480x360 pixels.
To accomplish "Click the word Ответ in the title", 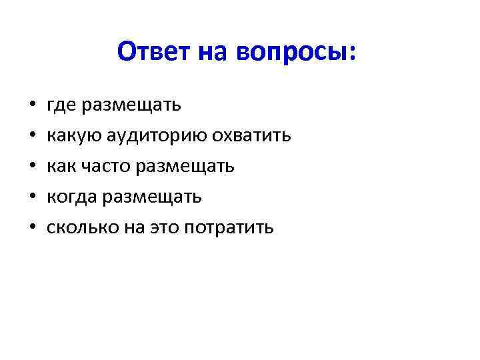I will (x=154, y=52).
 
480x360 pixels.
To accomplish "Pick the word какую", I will (x=73, y=137).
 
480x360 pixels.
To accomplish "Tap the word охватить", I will (x=251, y=137).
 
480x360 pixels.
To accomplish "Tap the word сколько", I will (x=79, y=228).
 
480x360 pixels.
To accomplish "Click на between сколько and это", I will (x=130, y=228).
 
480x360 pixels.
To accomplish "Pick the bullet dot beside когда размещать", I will (x=32, y=198).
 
